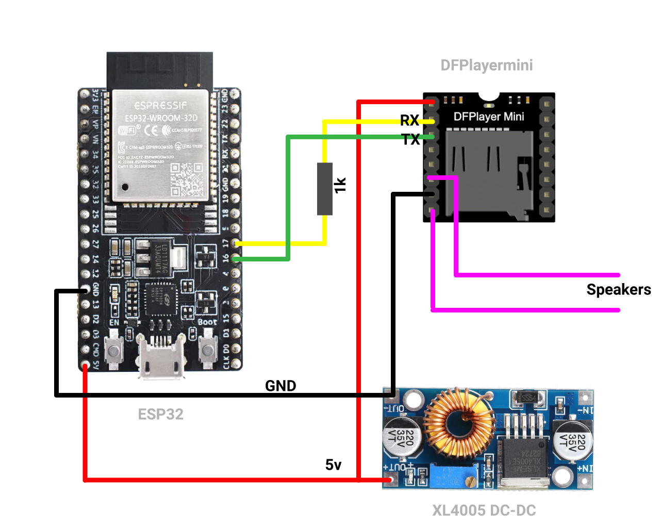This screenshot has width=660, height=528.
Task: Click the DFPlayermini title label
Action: click(x=486, y=65)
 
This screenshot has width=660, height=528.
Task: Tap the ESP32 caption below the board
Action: click(x=160, y=414)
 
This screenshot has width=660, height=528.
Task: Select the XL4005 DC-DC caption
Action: click(x=484, y=510)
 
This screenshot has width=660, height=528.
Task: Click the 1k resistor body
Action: click(x=325, y=189)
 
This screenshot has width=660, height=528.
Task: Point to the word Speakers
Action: click(x=618, y=290)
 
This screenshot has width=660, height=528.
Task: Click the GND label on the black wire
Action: click(x=280, y=386)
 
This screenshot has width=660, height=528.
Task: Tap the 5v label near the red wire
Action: click(x=333, y=465)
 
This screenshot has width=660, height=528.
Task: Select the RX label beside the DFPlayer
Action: click(x=409, y=121)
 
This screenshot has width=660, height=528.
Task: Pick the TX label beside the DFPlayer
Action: click(x=410, y=139)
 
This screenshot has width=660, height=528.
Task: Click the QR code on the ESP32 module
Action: click(x=187, y=179)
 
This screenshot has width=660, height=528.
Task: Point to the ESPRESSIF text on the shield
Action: click(x=160, y=106)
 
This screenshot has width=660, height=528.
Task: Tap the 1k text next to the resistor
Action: click(x=340, y=186)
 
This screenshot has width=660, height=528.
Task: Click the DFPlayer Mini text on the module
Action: click(x=488, y=117)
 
